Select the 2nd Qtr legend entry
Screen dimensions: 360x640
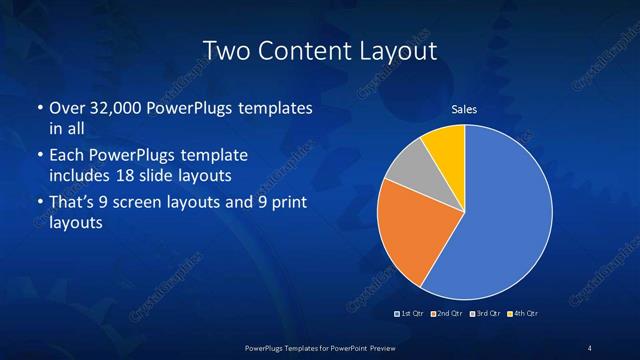(446, 314)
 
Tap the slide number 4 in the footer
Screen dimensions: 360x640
(590, 347)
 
